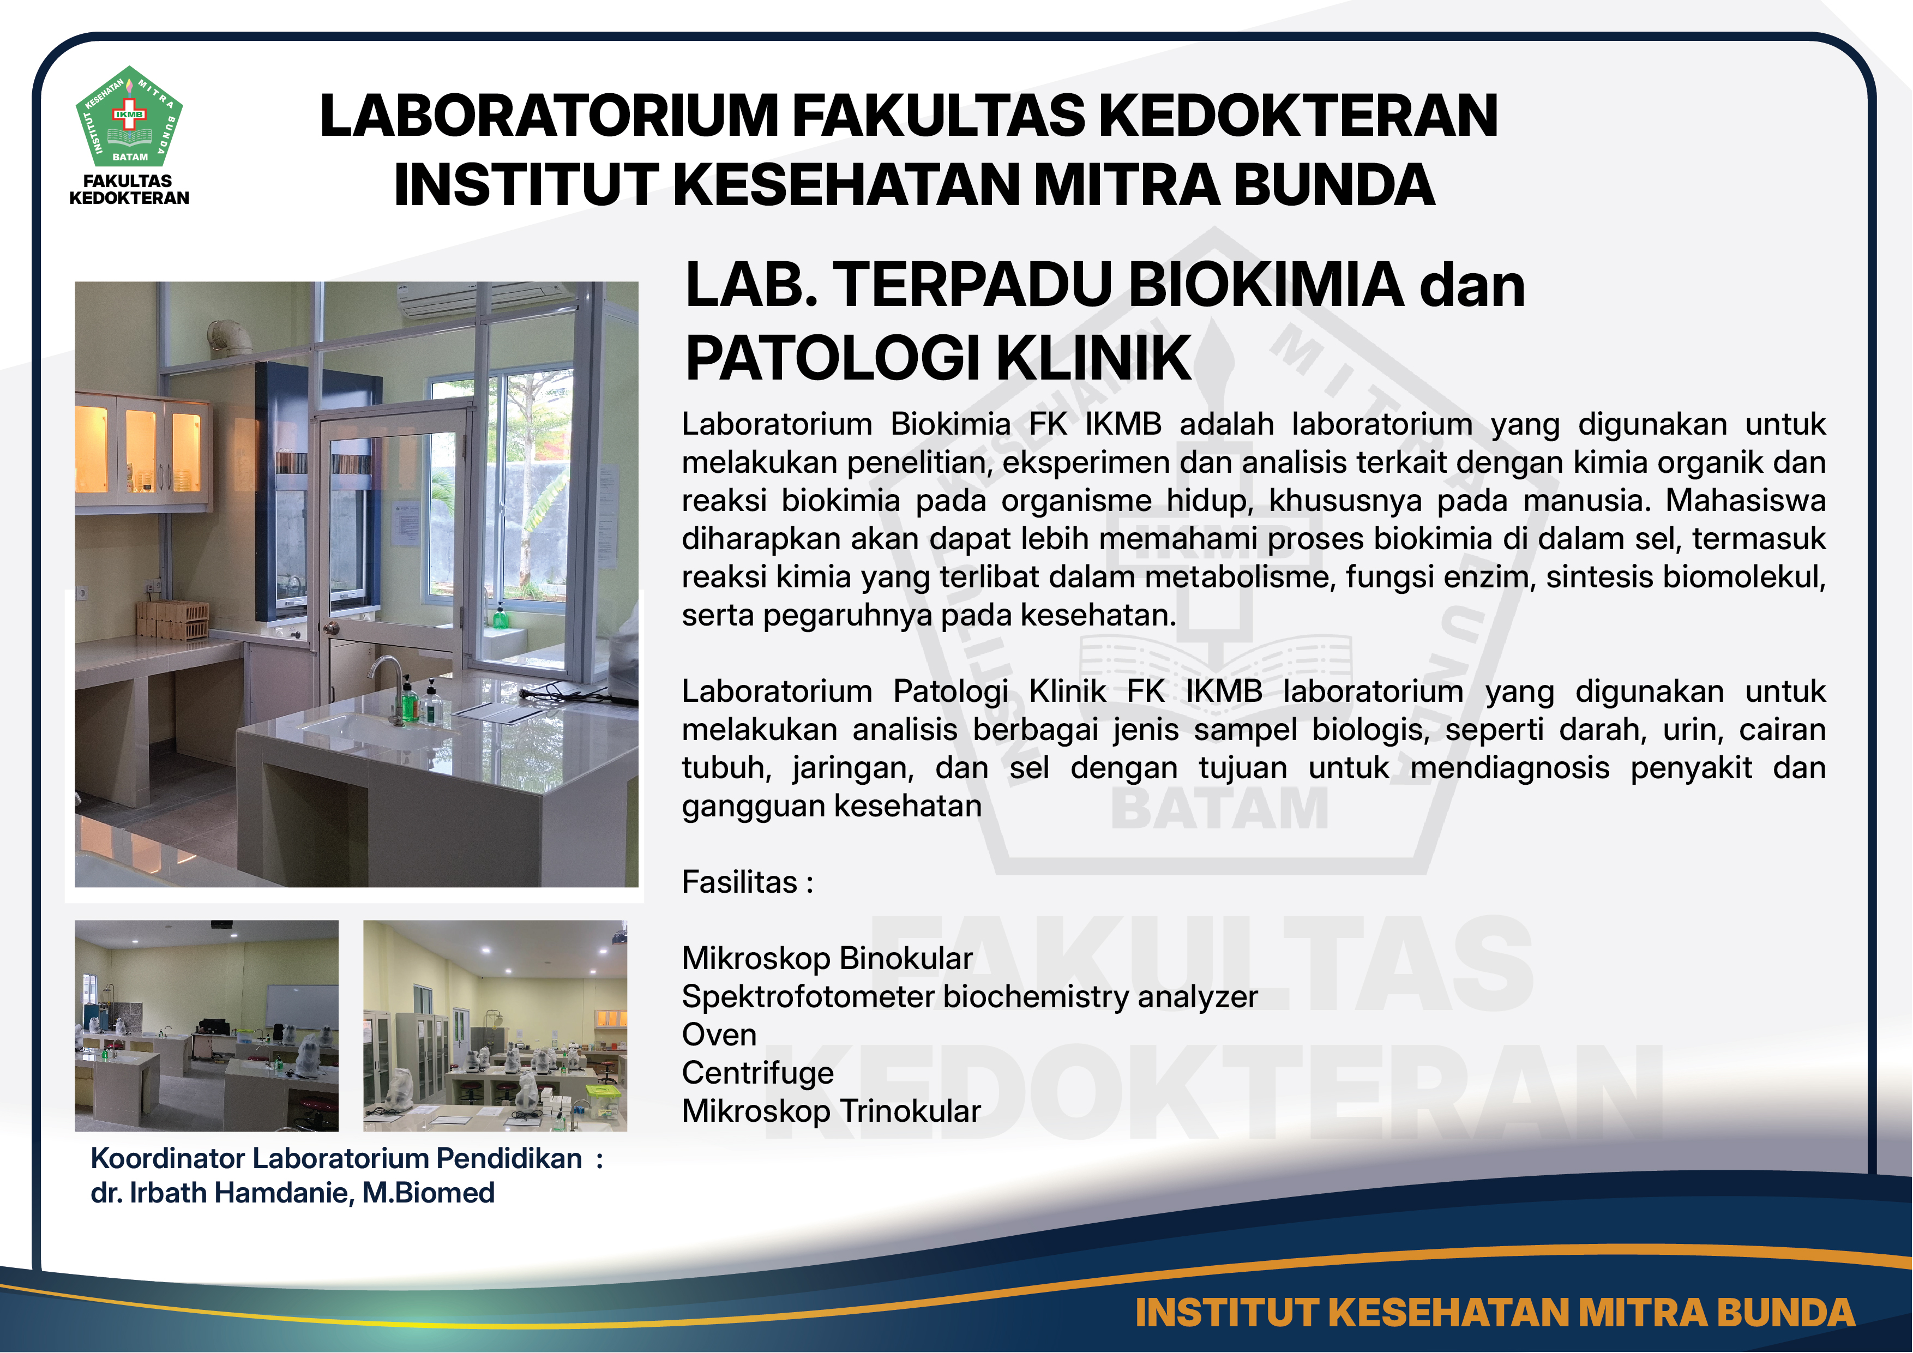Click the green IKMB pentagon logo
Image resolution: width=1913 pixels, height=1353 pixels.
(129, 117)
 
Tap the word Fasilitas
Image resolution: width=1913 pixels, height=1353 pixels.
(739, 881)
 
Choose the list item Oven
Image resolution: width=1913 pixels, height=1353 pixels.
(719, 1035)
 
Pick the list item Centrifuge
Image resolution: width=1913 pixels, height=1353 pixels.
(757, 1073)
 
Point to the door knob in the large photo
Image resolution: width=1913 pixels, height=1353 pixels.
(332, 627)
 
